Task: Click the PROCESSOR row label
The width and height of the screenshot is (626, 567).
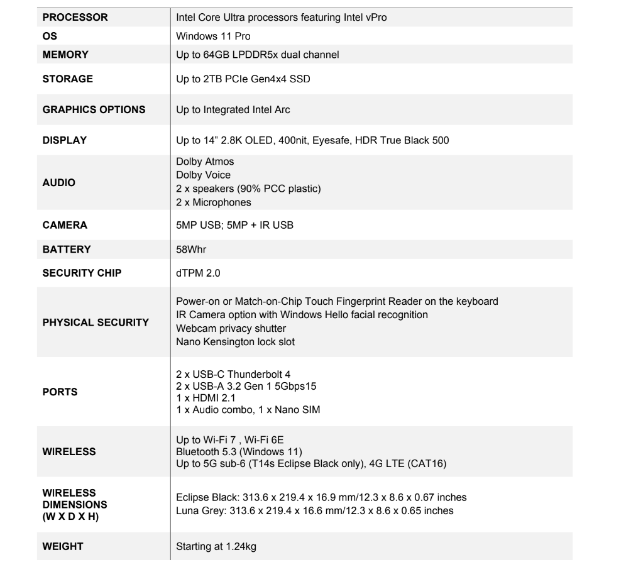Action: point(75,18)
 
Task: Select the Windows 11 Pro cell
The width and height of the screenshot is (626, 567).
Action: point(213,36)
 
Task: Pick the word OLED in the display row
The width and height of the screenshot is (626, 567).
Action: point(275,140)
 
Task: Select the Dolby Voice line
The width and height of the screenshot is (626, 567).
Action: point(203,175)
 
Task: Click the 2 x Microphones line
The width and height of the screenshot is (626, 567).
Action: point(214,202)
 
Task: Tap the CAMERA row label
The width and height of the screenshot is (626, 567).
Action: point(64,225)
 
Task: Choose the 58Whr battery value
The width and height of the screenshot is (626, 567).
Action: point(192,250)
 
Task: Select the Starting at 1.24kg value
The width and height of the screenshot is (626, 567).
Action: point(216,546)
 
